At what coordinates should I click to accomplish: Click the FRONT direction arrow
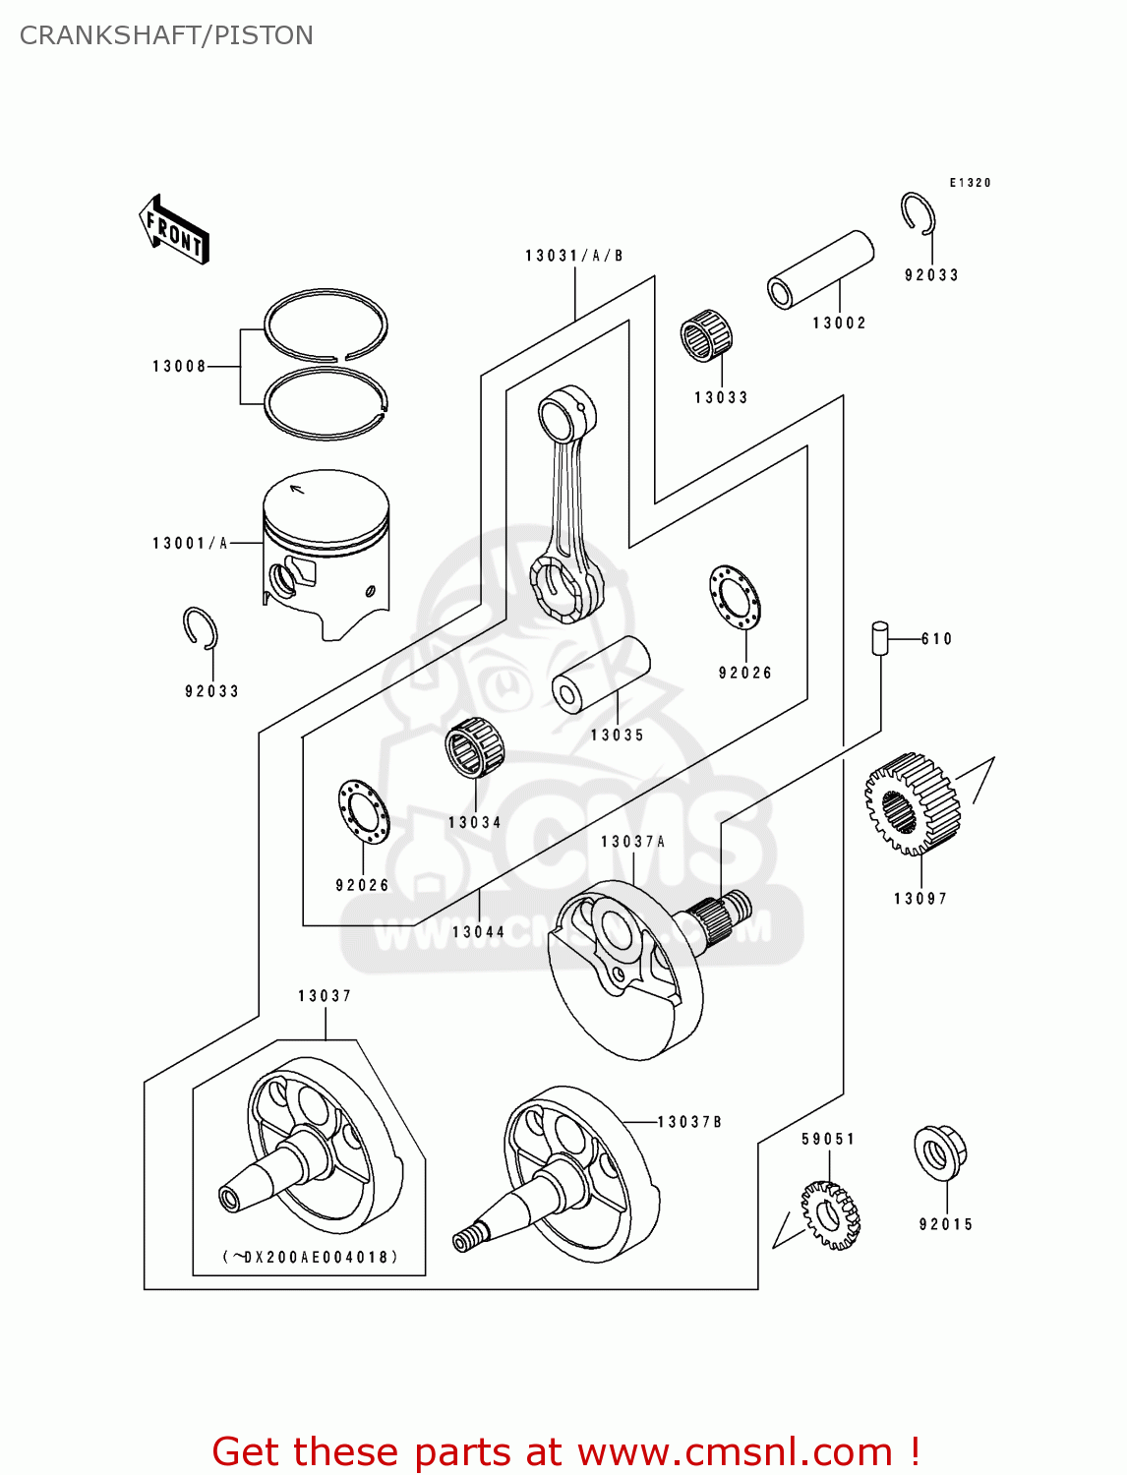[175, 230]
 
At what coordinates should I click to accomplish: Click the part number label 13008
[179, 367]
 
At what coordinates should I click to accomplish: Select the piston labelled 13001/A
[326, 551]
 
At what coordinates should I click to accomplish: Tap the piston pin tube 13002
[820, 269]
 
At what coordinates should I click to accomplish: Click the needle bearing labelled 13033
[706, 336]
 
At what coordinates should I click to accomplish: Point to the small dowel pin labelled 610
[880, 637]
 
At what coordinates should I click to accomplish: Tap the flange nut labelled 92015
[940, 1152]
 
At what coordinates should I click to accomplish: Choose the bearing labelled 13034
[474, 748]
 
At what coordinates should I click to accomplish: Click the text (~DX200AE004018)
[310, 1257]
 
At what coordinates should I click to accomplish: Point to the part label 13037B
[689, 1122]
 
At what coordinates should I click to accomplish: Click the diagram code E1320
[970, 183]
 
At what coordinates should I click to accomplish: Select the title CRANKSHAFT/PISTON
[166, 35]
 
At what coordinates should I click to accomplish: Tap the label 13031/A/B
[574, 256]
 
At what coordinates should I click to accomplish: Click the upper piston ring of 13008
[326, 324]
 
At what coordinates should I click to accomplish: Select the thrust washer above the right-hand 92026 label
[735, 598]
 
